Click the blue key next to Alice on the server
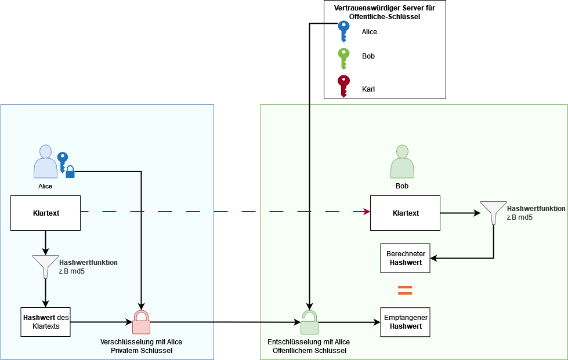(x=344, y=31)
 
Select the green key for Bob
(x=344, y=59)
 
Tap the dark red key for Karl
(x=344, y=86)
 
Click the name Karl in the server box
(x=368, y=89)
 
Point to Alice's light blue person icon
(x=45, y=162)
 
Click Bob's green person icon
(x=403, y=162)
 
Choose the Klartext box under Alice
(x=46, y=213)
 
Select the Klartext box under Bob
(x=405, y=213)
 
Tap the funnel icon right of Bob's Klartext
(x=493, y=213)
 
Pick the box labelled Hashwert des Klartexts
(x=45, y=322)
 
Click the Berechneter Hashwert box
(x=405, y=258)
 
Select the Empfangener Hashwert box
(x=405, y=322)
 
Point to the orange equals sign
(x=404, y=290)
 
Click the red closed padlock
(x=141, y=323)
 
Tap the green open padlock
(x=310, y=323)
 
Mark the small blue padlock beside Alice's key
(x=70, y=172)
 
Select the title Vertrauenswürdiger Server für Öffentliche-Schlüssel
(x=385, y=13)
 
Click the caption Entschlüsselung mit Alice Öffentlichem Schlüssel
(x=309, y=346)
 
